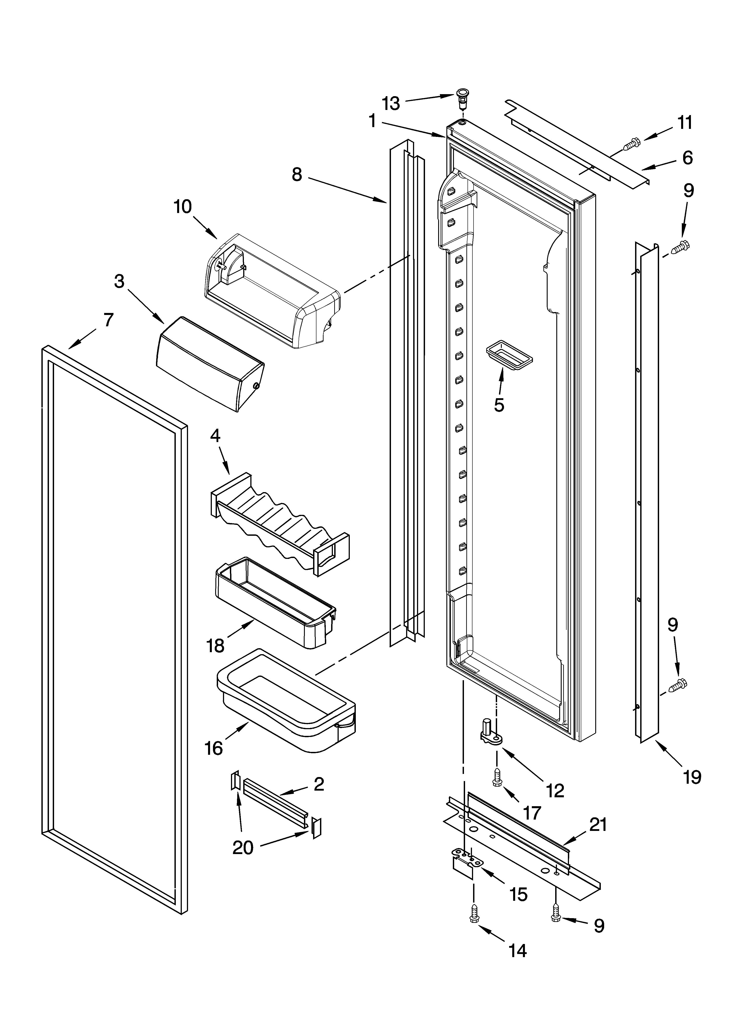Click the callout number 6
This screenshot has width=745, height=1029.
pyautogui.click(x=687, y=158)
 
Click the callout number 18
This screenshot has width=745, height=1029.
pyautogui.click(x=216, y=646)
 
